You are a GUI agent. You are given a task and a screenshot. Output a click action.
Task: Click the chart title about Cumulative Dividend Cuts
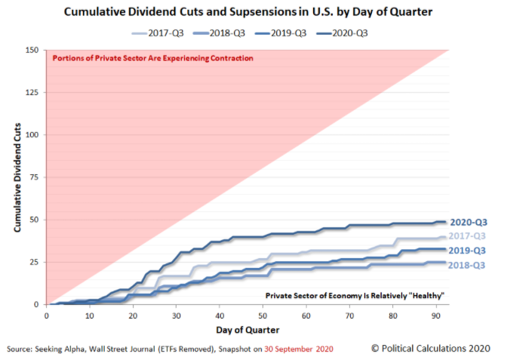tap(253, 12)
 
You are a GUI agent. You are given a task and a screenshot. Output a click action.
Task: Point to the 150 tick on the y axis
tap(33, 51)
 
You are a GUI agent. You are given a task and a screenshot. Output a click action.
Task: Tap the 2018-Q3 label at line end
tap(469, 265)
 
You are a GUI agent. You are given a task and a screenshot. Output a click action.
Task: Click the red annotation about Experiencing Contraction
tap(152, 58)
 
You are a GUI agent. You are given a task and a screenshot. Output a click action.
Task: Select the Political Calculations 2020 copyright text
tap(431, 348)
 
